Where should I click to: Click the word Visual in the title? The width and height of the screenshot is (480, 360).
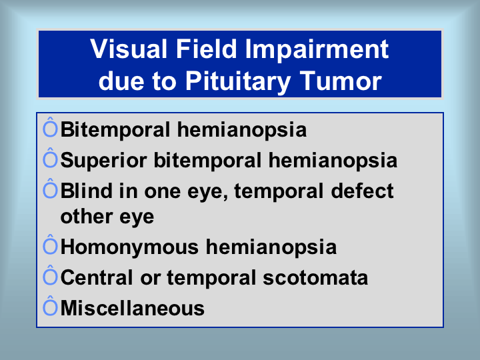click(x=129, y=49)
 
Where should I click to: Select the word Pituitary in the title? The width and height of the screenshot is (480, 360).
click(x=238, y=81)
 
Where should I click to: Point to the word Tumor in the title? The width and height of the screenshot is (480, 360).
click(x=341, y=81)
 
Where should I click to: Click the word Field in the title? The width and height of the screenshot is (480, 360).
click(x=206, y=49)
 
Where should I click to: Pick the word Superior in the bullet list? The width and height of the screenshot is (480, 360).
click(x=103, y=161)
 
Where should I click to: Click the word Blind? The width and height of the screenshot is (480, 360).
click(x=86, y=191)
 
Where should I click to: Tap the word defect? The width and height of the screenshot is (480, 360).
click(x=362, y=191)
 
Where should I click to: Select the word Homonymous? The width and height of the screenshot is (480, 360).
click(x=129, y=247)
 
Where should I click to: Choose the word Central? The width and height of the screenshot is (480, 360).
click(x=97, y=277)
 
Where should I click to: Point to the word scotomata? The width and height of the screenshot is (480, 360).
click(x=315, y=277)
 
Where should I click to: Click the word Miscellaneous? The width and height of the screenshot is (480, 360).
click(x=132, y=308)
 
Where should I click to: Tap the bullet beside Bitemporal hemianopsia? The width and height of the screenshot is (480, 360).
click(x=50, y=127)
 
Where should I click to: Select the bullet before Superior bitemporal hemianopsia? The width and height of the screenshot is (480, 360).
click(x=50, y=158)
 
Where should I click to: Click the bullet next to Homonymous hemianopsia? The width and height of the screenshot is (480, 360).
click(x=50, y=245)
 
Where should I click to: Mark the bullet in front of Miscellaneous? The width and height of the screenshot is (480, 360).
click(x=50, y=306)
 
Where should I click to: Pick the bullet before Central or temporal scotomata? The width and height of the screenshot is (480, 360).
click(x=50, y=275)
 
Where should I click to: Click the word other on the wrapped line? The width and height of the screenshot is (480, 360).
click(x=86, y=217)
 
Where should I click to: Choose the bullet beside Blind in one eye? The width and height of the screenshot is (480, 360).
click(x=50, y=189)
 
